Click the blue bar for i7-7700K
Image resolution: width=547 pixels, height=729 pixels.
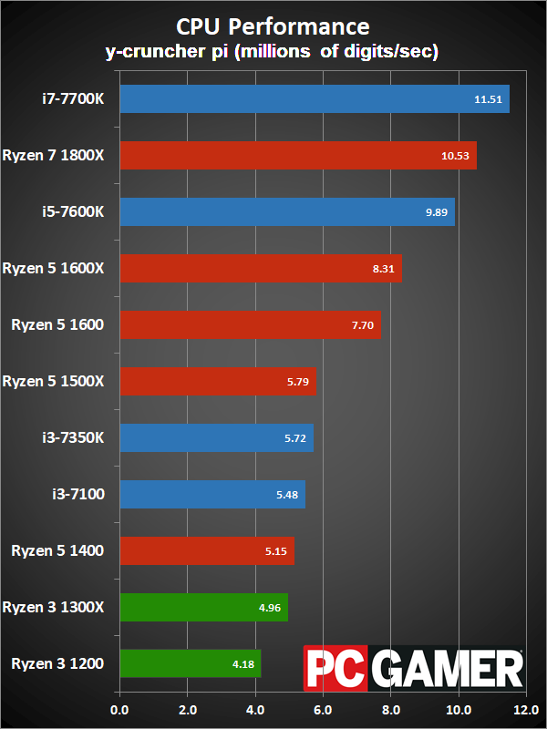[315, 98]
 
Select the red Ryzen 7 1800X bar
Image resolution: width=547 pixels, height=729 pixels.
[298, 155]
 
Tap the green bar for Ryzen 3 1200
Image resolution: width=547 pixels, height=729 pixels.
[191, 663]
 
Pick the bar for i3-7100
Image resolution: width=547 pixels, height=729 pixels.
[212, 494]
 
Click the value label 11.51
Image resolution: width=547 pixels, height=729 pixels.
[488, 99]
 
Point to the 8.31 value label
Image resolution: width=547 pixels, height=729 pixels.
[383, 269]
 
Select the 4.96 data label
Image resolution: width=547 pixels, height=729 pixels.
[270, 608]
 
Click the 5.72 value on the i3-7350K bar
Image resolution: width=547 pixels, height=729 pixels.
[295, 438]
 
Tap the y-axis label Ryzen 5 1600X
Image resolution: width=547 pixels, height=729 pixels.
[54, 268]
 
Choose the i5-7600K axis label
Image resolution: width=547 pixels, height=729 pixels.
[74, 211]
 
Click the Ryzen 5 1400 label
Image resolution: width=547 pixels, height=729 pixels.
[57, 551]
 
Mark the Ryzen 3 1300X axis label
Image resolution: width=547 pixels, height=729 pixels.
[54, 607]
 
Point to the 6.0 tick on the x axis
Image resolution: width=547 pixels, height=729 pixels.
[323, 710]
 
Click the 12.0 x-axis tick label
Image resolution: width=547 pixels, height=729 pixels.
[526, 710]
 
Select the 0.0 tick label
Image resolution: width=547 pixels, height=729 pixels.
[120, 710]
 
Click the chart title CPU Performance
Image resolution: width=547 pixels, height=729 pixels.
[273, 26]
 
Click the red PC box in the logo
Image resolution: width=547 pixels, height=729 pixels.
[335, 668]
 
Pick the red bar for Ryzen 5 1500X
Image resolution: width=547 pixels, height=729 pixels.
[218, 381]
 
